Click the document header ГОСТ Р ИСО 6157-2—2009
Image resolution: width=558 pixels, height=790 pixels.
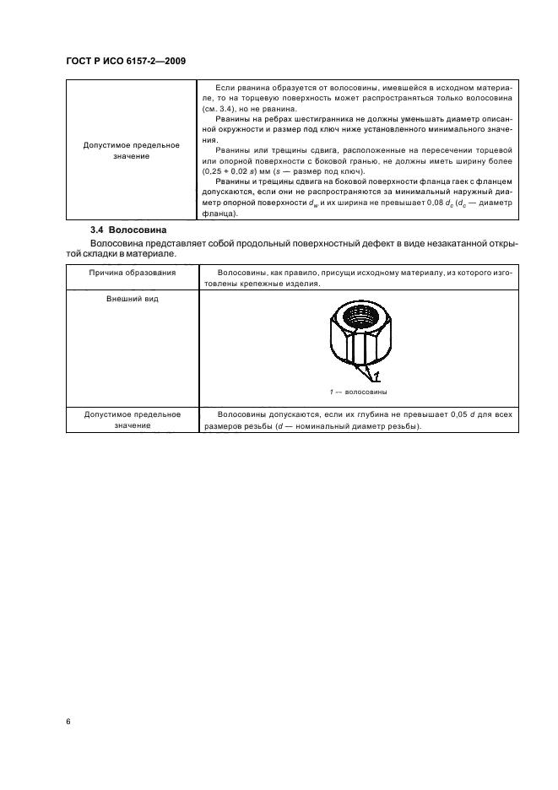125,62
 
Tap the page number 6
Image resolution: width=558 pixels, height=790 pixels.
67,722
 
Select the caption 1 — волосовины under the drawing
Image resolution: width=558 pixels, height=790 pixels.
358,392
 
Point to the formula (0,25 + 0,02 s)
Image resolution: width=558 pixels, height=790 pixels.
236,171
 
